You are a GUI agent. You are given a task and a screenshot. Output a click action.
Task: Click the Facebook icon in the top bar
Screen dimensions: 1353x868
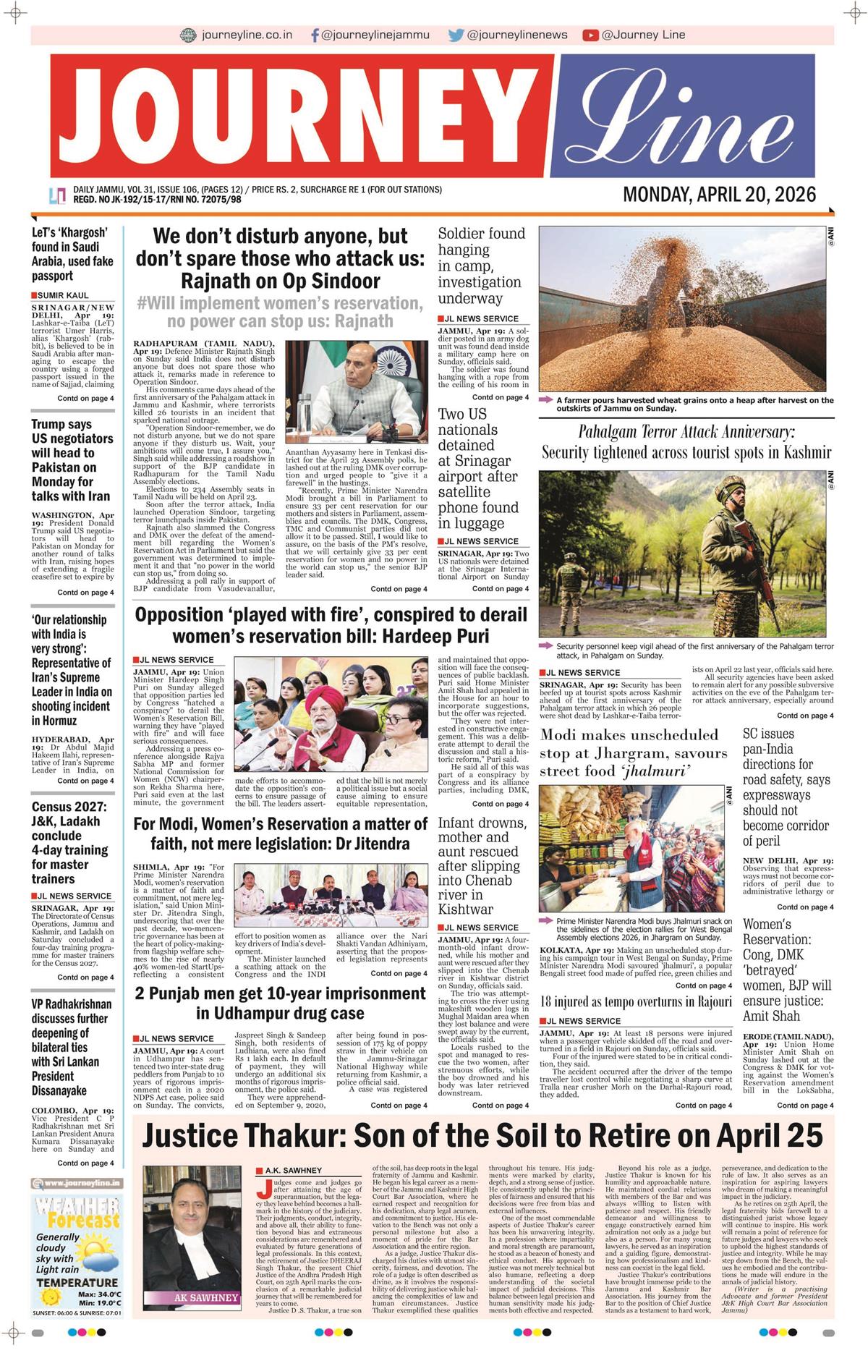click(315, 35)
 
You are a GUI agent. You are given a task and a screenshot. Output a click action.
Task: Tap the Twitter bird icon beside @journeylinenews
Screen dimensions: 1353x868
click(456, 35)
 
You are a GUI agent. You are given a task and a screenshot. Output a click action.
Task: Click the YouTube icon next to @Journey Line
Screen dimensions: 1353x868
click(590, 35)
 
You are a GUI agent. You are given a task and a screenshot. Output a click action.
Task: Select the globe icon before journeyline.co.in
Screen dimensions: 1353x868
click(188, 35)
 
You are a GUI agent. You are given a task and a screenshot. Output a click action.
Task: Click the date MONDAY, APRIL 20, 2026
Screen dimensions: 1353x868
click(719, 195)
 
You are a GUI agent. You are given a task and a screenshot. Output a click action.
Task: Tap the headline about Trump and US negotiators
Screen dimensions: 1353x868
click(72, 460)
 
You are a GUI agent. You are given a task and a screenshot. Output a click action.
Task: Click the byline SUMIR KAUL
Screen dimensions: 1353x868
click(63, 295)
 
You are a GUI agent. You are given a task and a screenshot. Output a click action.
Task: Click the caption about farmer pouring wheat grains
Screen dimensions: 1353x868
click(694, 404)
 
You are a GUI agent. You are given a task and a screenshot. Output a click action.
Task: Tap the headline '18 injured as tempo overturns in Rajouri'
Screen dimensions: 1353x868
click(636, 1001)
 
